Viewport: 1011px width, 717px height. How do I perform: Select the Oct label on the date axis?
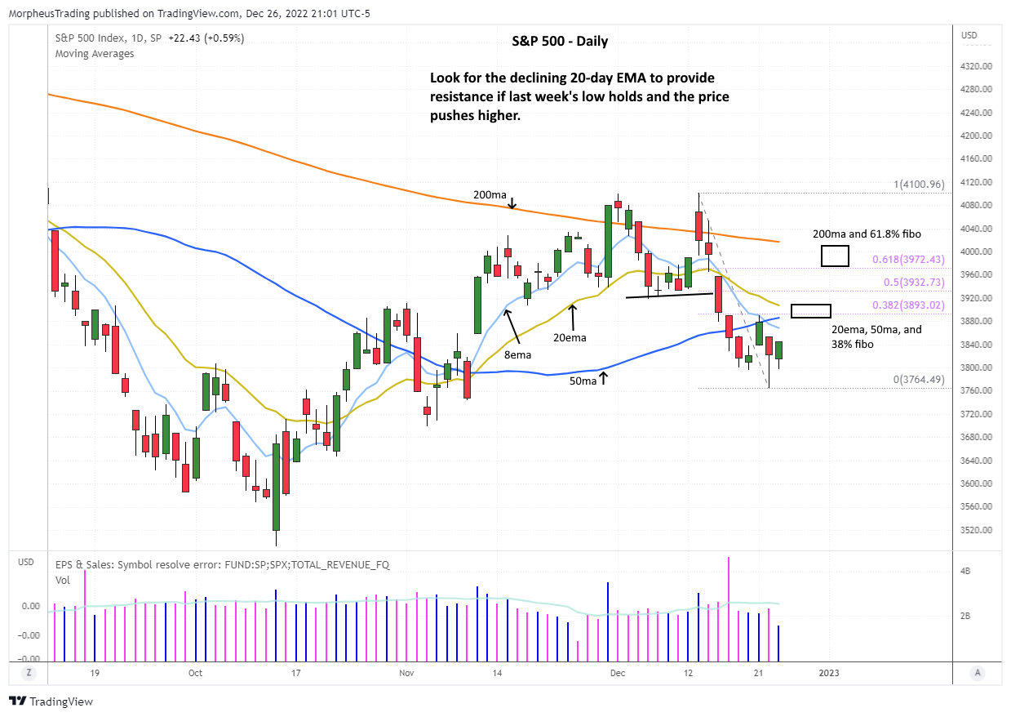point(194,673)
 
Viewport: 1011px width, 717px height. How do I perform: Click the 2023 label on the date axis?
point(828,673)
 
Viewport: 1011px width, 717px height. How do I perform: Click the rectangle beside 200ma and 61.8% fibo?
point(835,256)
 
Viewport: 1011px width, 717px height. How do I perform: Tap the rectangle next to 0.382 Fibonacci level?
point(811,311)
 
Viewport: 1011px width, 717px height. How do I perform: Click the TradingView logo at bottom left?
point(51,701)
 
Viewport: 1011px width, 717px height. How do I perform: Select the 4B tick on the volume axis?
point(964,572)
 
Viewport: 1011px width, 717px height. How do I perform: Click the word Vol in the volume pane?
point(62,580)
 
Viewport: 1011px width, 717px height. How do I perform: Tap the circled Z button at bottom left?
point(28,673)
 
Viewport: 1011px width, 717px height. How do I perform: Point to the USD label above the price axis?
point(969,36)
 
